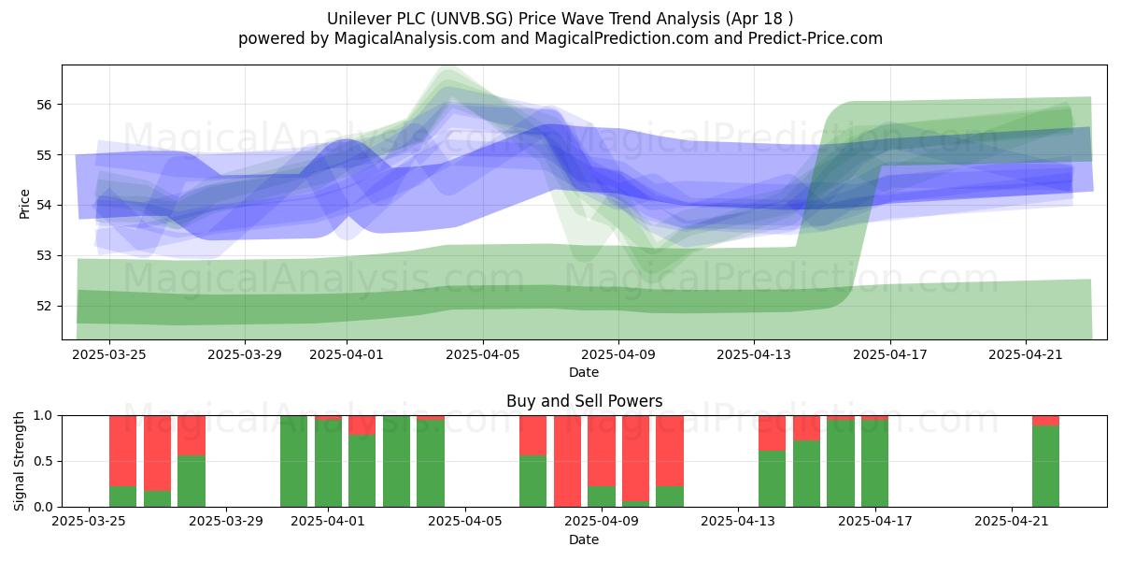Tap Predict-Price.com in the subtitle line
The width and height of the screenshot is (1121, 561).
coord(816,38)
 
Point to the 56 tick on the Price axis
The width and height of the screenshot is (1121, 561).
coord(45,105)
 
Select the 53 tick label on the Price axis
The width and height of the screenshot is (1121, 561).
coord(45,256)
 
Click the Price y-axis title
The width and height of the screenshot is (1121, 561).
coord(24,204)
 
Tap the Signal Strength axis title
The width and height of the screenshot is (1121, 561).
coord(19,461)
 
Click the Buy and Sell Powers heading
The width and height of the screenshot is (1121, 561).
coord(584,401)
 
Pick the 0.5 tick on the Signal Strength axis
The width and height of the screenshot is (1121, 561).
coord(45,461)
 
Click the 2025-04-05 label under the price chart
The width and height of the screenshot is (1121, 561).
coord(482,355)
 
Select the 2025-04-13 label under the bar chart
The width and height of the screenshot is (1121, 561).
coord(738,522)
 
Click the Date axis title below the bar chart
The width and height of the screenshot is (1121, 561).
coord(584,539)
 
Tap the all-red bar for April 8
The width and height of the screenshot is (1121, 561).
coord(568,461)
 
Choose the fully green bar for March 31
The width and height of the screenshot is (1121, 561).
coord(293,461)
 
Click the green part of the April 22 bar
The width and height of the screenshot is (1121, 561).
coord(1046,467)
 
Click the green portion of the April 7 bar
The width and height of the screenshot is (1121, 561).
coord(533,482)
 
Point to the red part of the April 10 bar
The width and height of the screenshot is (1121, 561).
coord(635,458)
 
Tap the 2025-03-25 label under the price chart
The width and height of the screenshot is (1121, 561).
coord(109,355)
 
